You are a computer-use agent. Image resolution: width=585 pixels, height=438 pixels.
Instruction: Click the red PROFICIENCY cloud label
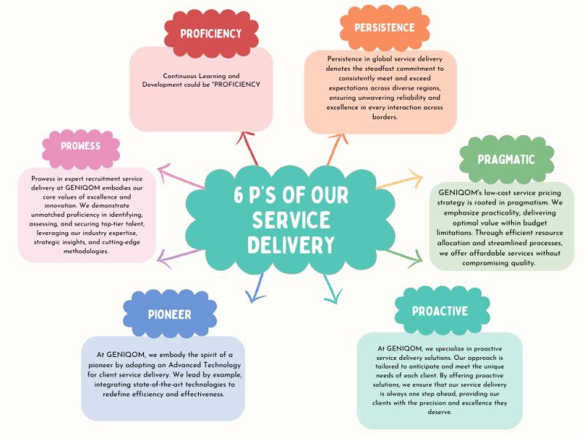(211, 34)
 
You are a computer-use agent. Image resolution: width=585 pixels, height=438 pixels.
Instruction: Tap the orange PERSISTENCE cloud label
(384, 28)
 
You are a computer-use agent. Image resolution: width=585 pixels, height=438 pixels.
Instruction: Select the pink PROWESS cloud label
(80, 145)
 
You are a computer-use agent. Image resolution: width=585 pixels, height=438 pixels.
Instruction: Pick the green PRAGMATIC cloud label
(506, 159)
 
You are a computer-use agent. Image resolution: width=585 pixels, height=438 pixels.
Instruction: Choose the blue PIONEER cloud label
(169, 314)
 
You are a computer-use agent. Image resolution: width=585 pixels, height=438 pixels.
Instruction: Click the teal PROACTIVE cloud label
(439, 311)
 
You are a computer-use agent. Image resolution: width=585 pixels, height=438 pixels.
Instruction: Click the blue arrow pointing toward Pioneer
(253, 291)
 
